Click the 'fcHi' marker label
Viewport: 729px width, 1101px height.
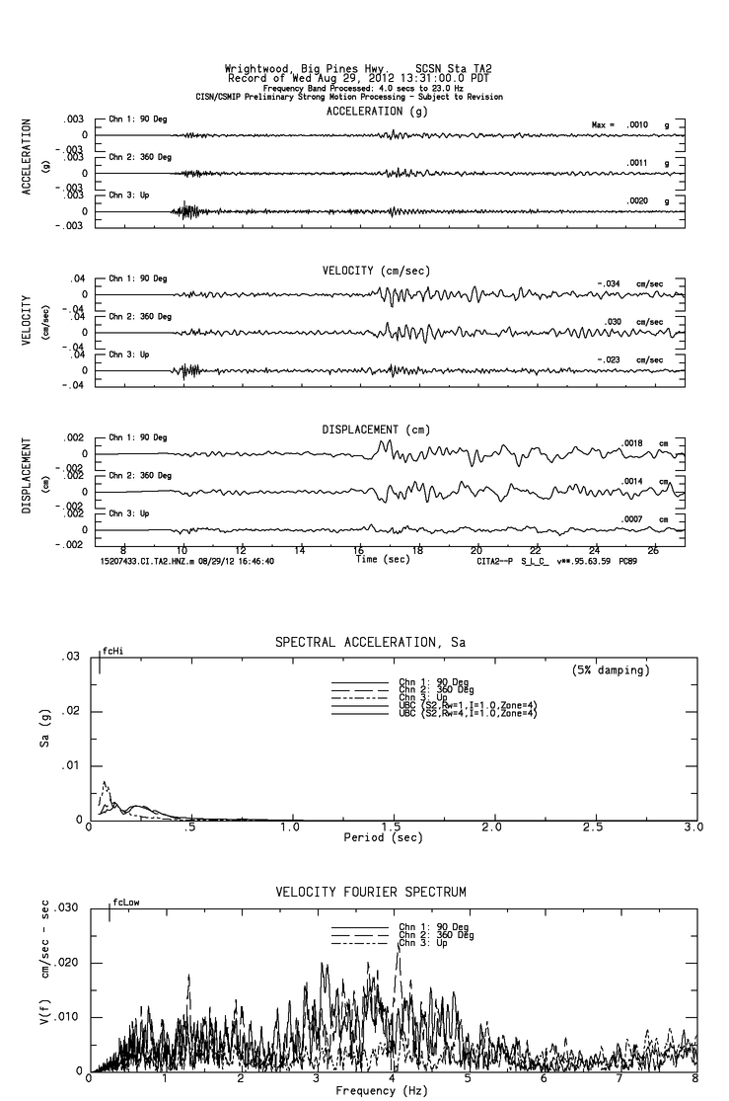111,652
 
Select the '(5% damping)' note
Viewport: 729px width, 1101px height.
611,670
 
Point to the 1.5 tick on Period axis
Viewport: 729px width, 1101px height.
396,826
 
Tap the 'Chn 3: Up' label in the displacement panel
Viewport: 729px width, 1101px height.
129,513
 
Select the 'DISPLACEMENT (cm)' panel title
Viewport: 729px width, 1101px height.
376,430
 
